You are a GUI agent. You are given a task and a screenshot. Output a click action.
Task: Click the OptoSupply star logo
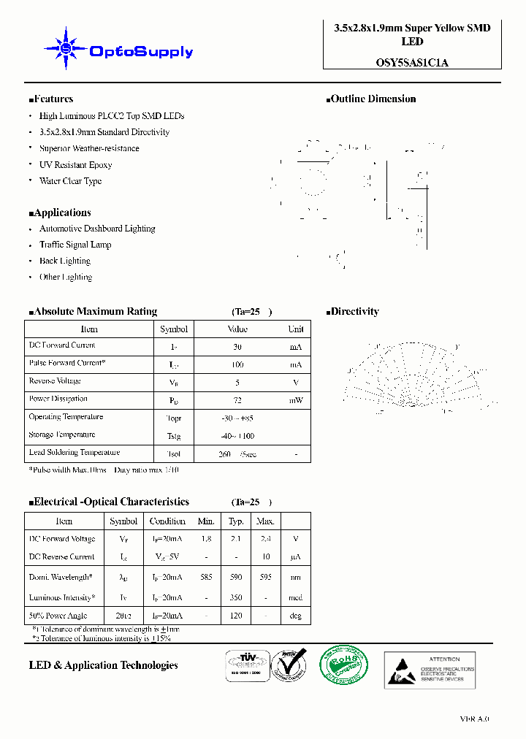66,49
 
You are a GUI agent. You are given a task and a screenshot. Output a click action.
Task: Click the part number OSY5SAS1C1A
412,62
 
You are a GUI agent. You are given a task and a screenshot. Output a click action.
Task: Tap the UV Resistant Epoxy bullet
75,165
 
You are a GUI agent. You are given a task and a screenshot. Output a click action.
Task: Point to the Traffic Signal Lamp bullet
75,245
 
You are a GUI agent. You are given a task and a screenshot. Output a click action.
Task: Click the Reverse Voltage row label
55,381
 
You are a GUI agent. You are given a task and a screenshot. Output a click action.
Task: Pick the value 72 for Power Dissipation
237,399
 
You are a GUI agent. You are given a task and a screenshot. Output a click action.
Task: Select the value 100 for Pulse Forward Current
237,364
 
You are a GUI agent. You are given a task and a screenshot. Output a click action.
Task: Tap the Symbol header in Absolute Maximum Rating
174,329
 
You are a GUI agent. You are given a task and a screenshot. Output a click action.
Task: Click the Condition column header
167,521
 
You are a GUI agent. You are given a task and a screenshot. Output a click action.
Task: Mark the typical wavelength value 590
236,577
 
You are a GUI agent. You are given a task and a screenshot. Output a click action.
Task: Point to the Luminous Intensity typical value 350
236,597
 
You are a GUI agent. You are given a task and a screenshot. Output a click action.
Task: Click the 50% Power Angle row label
58,616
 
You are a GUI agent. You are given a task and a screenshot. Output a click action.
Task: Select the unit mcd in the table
295,597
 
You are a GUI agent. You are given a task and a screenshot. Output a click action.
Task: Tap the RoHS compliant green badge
343,666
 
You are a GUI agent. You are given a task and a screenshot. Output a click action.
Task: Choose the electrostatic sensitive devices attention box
430,670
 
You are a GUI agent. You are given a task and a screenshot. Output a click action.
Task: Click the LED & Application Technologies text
104,665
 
